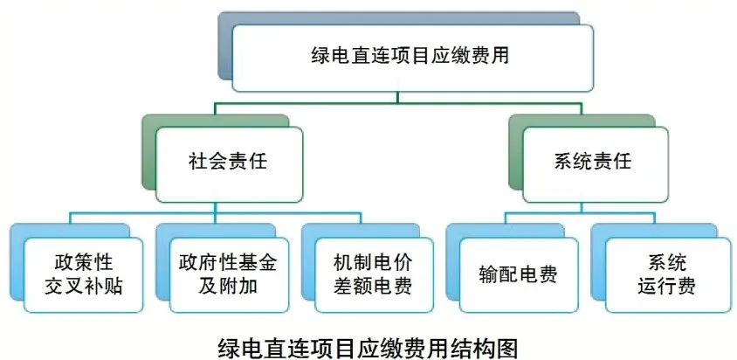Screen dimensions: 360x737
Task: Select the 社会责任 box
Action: coord(228,163)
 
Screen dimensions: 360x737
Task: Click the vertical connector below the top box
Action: coord(410,98)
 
